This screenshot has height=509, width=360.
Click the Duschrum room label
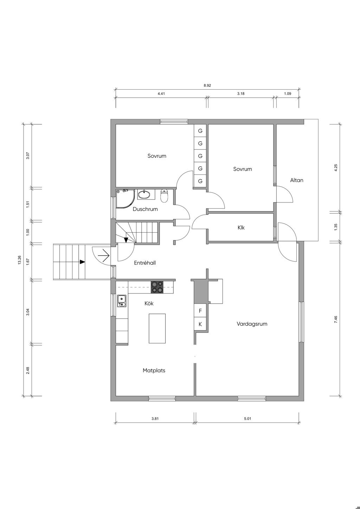point(145,209)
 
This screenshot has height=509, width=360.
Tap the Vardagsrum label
point(252,324)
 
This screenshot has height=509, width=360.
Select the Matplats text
point(154,371)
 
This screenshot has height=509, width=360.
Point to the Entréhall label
point(145,263)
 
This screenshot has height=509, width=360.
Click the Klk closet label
point(241,227)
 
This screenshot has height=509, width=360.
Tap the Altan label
point(297,180)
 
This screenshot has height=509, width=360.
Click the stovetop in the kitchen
point(157,287)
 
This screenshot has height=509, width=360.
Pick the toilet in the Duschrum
point(164,196)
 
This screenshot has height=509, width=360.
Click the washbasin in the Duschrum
point(144,194)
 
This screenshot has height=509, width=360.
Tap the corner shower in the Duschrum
point(125,199)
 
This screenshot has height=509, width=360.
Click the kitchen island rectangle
point(157,328)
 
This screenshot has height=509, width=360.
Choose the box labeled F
point(200,311)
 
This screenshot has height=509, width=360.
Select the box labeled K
point(200,324)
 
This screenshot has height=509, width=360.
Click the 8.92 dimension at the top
point(207,85)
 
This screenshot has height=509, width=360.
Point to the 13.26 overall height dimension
point(20,260)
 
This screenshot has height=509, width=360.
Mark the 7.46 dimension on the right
point(336,320)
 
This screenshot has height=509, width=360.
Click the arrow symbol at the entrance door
point(104,256)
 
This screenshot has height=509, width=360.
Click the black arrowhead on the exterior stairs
point(82,262)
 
